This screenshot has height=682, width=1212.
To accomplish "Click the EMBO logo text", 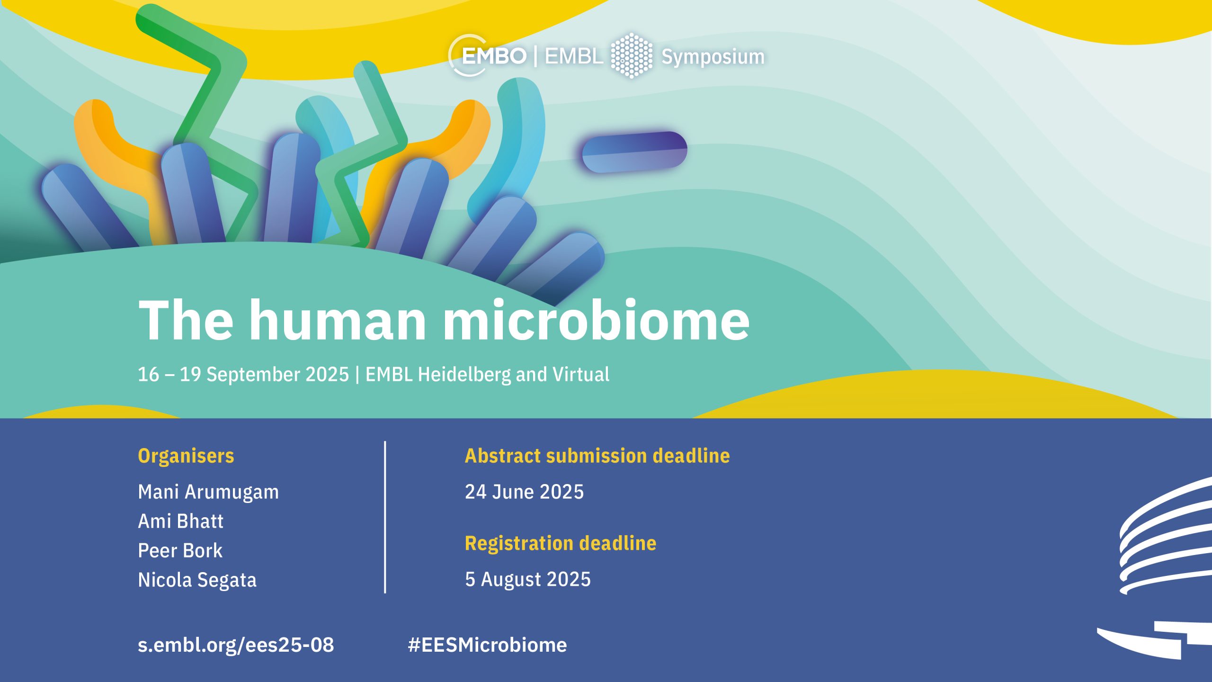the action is click(x=494, y=56).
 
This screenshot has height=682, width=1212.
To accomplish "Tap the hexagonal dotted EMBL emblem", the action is click(x=632, y=55).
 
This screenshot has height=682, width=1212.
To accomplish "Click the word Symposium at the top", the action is click(x=713, y=57).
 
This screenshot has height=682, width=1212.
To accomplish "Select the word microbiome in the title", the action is click(x=597, y=320).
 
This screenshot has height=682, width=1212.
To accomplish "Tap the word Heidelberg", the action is click(x=464, y=375).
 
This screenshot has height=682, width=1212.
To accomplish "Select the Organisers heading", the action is click(x=186, y=456).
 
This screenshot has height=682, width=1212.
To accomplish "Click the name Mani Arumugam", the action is click(x=208, y=492).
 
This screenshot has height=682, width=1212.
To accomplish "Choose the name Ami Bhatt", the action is click(x=180, y=521).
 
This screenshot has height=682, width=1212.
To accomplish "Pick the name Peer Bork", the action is click(x=180, y=550).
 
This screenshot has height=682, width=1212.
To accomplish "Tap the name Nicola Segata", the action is click(x=197, y=580).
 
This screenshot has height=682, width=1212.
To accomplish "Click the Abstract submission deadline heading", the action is click(x=597, y=456).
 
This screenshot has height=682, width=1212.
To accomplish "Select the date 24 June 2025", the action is click(x=524, y=492).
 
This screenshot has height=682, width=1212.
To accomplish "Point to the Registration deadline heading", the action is click(x=561, y=543).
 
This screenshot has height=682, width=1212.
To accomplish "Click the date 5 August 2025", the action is click(x=528, y=579).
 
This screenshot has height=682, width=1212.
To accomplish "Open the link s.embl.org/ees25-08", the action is click(x=236, y=645).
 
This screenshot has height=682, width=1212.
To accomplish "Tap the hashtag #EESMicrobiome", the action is click(x=487, y=645).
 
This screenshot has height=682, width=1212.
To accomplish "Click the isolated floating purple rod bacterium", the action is click(x=634, y=152).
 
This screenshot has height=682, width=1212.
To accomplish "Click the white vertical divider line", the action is click(x=385, y=517).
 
